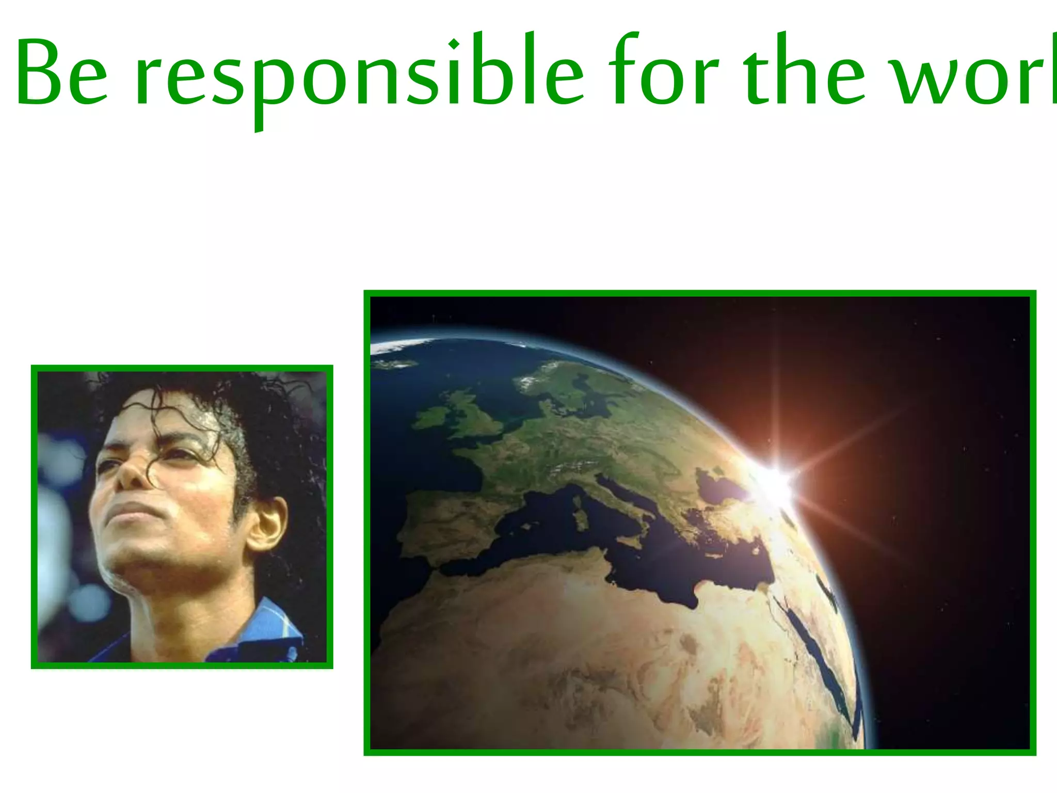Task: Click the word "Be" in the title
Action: pos(62,72)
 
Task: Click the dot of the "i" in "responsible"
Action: pos(454,44)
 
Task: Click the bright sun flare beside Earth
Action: pos(774,483)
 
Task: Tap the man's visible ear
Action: pos(268,524)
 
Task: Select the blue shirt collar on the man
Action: pos(268,627)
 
